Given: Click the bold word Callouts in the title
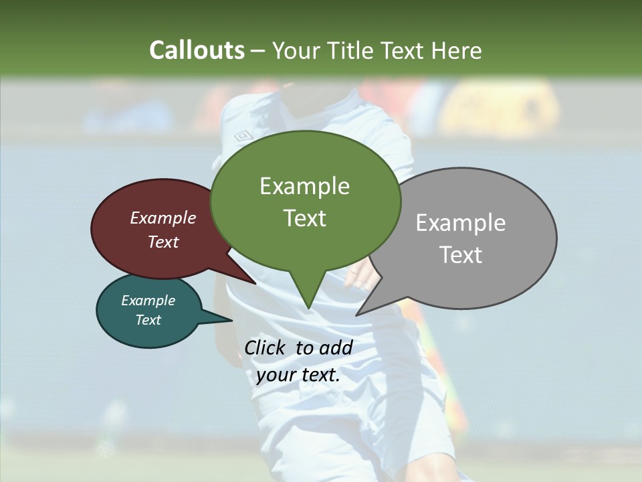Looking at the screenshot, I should [x=197, y=50].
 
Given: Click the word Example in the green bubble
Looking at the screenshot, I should [x=304, y=186].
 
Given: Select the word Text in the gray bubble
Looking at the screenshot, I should [x=461, y=255].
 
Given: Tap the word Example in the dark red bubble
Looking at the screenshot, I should [x=163, y=218].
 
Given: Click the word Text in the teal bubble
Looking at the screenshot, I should [x=148, y=320].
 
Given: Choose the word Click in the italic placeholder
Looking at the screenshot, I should [x=265, y=347].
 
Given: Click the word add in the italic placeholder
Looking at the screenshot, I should [x=336, y=347].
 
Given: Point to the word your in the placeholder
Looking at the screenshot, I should [x=276, y=375].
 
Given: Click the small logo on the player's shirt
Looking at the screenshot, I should [x=242, y=136].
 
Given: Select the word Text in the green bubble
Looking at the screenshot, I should [x=304, y=218].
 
